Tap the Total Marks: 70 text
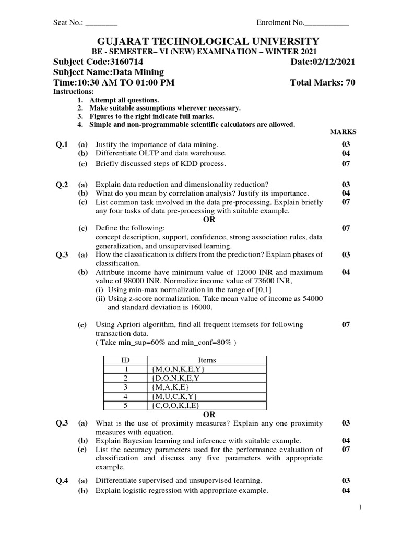pyautogui.click(x=322, y=83)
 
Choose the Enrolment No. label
pyautogui.click(x=280, y=23)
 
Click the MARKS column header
pyautogui.click(x=343, y=132)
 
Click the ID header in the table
pyautogui.click(x=125, y=360)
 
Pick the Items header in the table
pyautogui.click(x=207, y=360)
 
